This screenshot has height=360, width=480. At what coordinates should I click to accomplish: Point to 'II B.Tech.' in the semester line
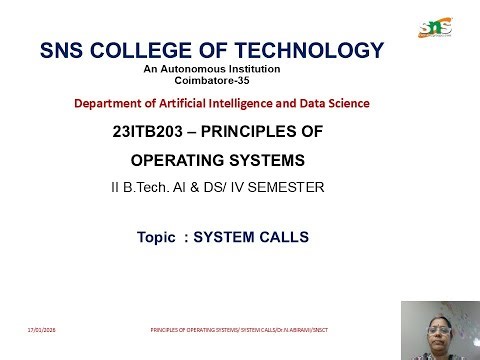pos(140,185)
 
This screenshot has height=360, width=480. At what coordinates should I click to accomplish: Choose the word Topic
pos(157,238)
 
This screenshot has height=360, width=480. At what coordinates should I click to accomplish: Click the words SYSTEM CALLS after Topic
pos(251,238)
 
